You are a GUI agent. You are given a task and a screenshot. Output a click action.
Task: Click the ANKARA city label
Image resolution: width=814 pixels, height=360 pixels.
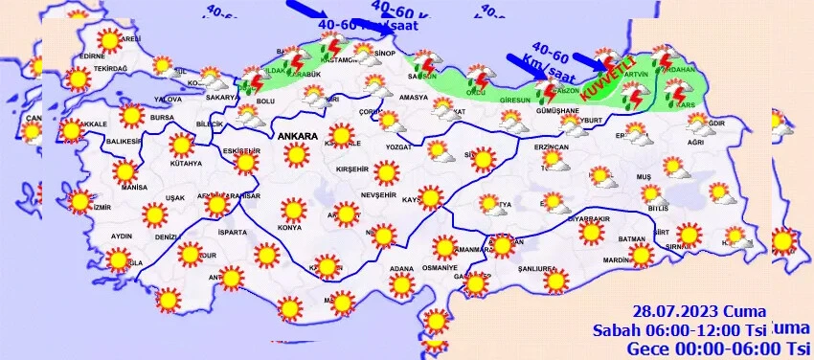(x=297, y=137)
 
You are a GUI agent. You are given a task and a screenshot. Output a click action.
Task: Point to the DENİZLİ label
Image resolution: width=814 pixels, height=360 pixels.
(x=167, y=236)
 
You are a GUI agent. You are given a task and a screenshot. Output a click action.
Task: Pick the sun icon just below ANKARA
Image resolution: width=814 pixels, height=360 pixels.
(x=298, y=154)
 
